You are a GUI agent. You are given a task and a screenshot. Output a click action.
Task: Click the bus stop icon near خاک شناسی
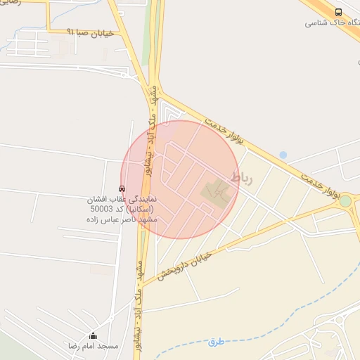tap(339, 12)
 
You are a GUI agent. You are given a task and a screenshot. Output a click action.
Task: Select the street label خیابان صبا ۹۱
tap(91, 32)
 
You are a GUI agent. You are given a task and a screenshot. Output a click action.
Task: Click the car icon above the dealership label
tap(122, 188)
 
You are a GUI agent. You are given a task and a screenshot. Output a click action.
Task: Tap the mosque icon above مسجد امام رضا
tap(93, 335)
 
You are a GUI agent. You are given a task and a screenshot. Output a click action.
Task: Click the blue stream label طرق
tap(215, 342)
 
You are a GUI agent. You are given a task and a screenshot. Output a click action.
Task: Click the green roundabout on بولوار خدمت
tap(345, 202)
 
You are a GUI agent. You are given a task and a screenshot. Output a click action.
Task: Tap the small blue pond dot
tap(283, 155)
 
